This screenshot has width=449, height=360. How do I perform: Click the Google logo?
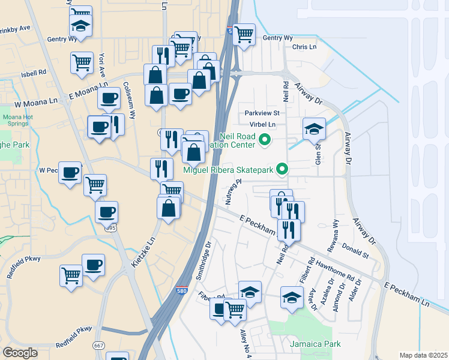tap(20, 352)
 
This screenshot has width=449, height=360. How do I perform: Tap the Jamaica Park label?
tap(315, 344)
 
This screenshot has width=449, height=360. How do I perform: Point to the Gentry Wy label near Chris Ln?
tap(277, 38)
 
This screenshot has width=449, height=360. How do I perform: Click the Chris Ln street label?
tap(304, 47)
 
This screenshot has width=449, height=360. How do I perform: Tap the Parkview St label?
tap(262, 113)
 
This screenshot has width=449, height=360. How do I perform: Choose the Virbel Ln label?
tap(264, 125)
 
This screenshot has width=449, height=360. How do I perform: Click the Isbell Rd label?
tap(34, 73)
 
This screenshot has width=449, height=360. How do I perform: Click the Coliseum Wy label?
tap(131, 100)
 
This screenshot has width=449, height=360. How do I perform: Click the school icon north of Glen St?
tap(314, 128)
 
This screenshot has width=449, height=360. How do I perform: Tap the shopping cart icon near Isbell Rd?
tap(82, 62)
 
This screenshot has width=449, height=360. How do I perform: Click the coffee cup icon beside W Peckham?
tap(70, 172)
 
